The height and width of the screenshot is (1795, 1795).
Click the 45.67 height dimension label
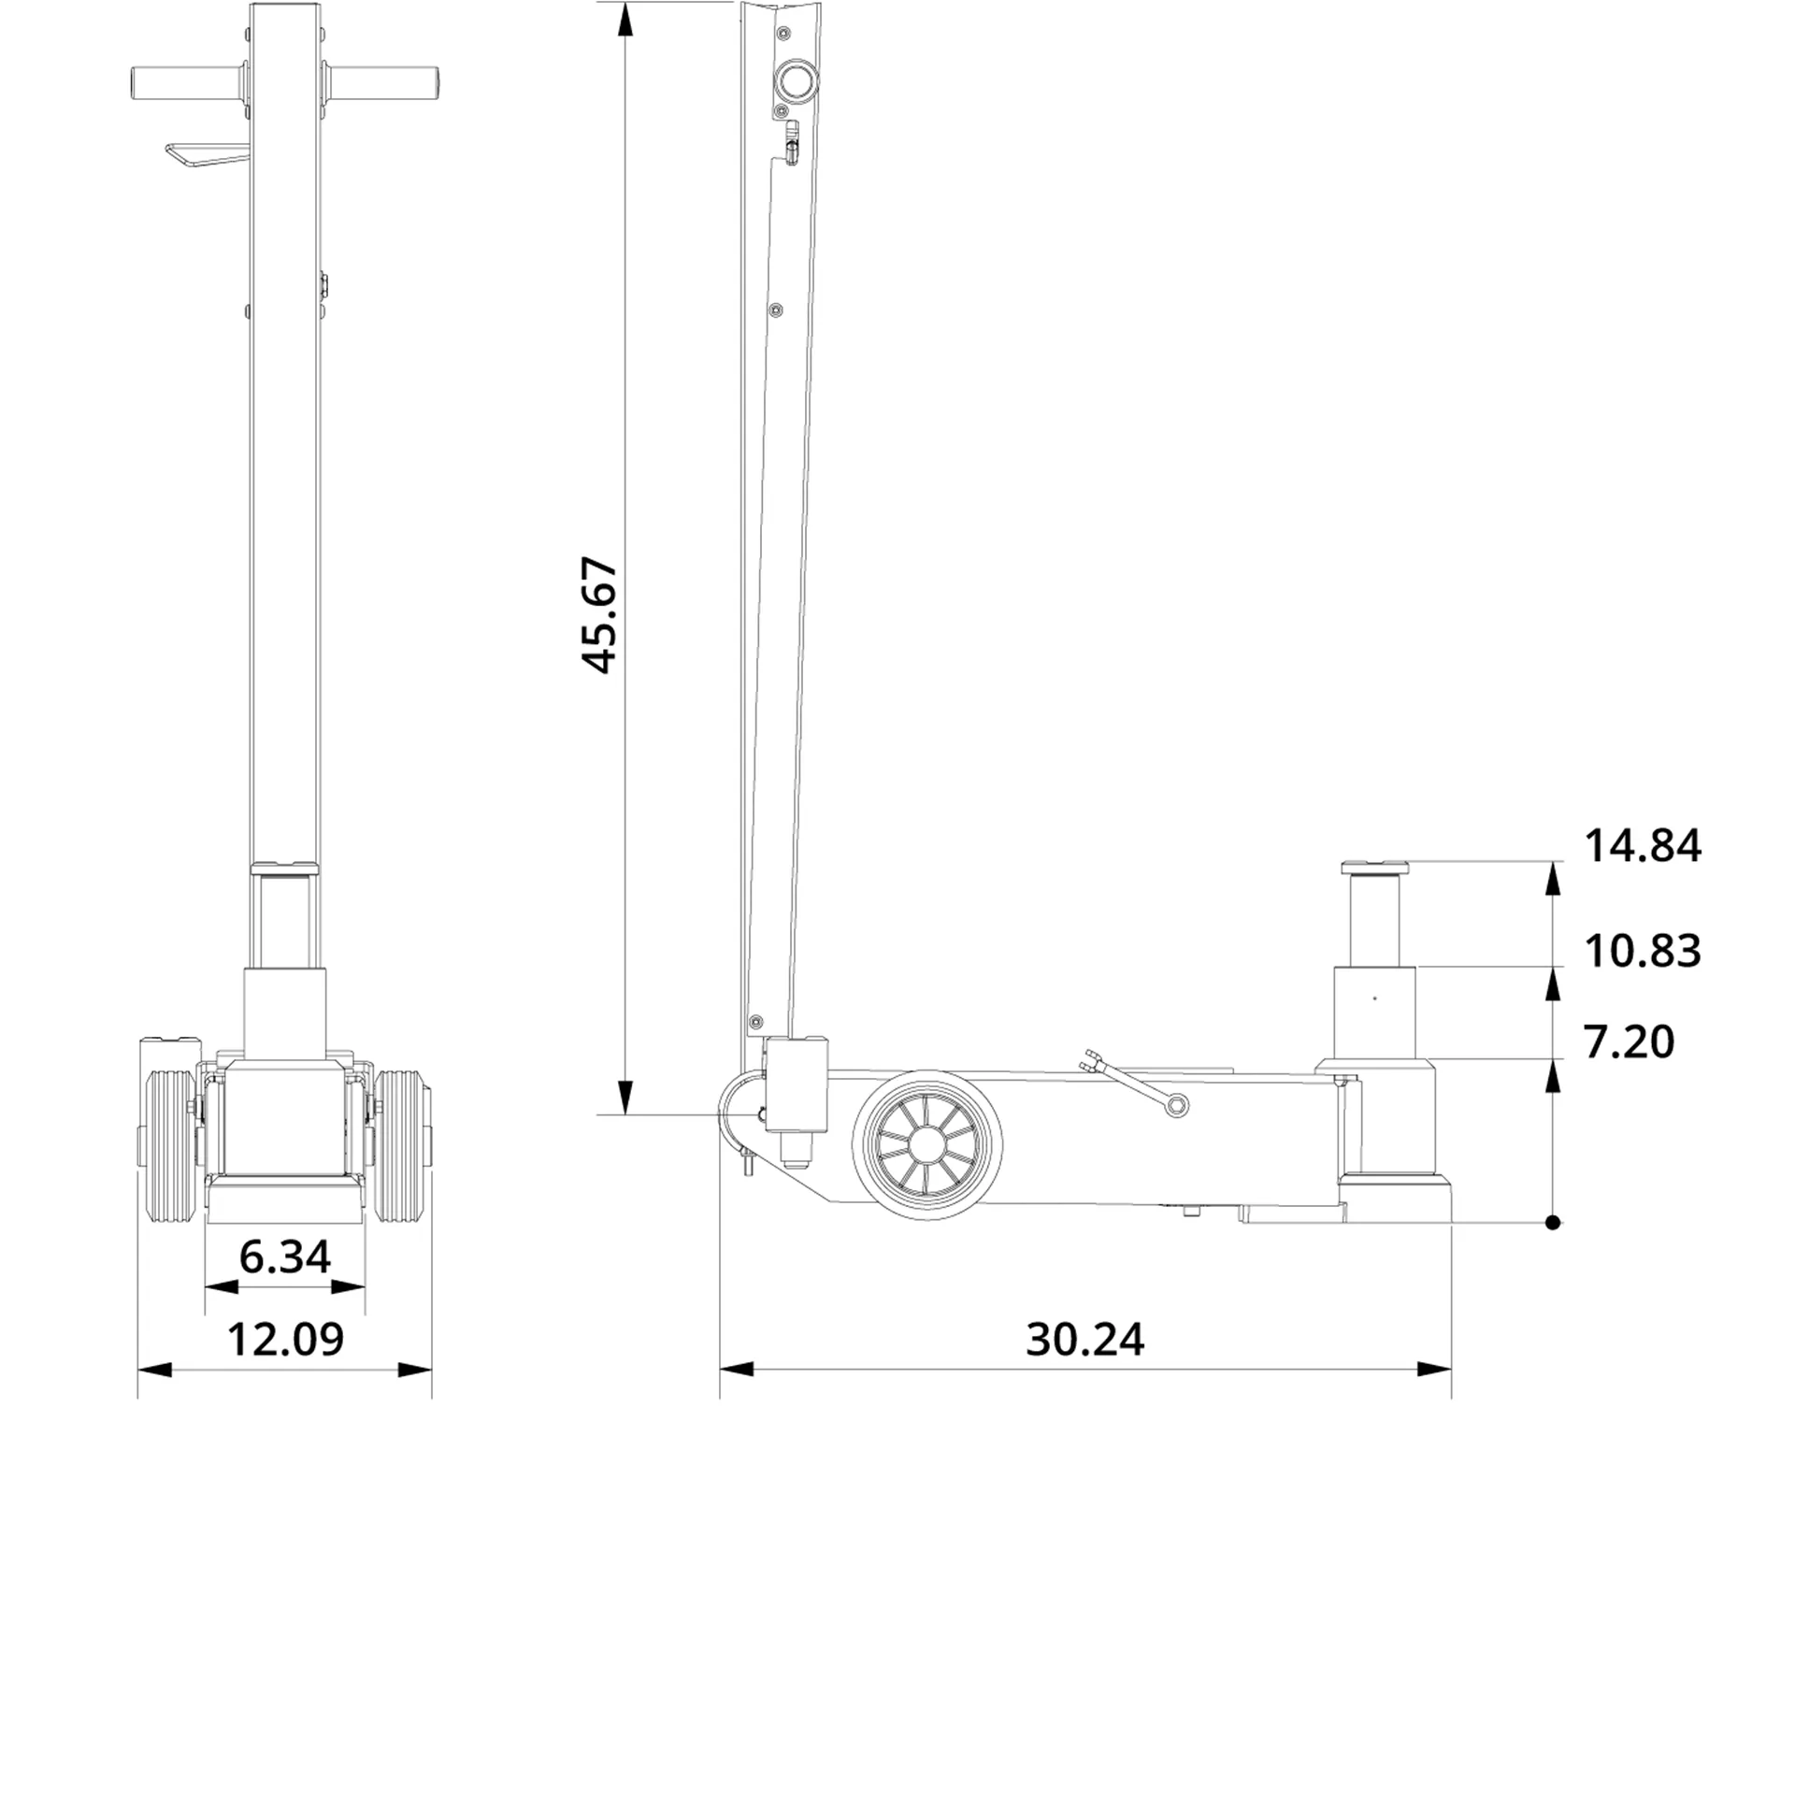(599, 615)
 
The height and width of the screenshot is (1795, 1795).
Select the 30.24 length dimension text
(1084, 1340)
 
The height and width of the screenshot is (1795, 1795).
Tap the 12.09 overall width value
(285, 1340)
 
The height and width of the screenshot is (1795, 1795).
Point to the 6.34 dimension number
(284, 1256)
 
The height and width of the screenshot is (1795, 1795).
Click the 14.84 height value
(1642, 846)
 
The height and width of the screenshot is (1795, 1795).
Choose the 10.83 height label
(1642, 951)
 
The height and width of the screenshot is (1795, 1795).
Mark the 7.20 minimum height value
(1629, 1041)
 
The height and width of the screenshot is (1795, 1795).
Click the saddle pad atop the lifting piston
(1374, 866)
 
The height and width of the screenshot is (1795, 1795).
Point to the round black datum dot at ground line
(1553, 1222)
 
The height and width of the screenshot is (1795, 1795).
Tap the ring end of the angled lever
(1175, 1105)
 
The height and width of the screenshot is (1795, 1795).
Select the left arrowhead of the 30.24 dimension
(737, 1370)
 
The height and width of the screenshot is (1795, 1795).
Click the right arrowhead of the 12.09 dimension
(415, 1370)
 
